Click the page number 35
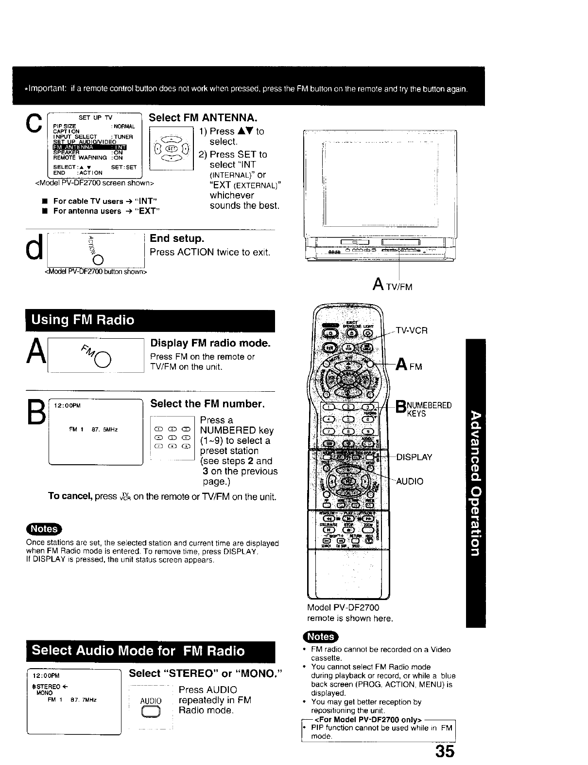click(x=445, y=751)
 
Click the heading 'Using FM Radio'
click(x=83, y=320)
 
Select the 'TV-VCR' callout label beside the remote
click(x=412, y=330)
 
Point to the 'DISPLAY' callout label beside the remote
click(x=414, y=457)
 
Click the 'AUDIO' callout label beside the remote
click(x=410, y=481)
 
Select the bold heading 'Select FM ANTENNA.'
click(x=203, y=118)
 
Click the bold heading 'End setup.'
click(x=177, y=238)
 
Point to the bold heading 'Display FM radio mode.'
click(x=210, y=344)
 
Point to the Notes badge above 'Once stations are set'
click(x=44, y=529)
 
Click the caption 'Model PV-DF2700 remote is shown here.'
click(x=350, y=613)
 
